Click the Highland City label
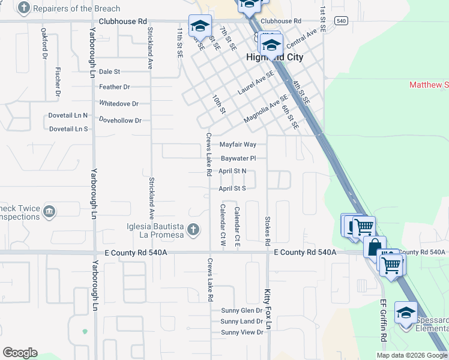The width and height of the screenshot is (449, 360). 274,57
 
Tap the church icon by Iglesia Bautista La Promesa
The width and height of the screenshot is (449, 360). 193,229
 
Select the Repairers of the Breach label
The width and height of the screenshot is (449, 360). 76,9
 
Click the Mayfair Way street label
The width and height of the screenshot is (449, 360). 238,145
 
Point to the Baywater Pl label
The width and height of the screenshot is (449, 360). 238,158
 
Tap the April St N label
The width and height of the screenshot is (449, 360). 232,171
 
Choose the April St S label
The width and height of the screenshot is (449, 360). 232,188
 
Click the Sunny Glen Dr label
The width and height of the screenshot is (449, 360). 241,310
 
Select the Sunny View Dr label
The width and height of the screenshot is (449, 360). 242,332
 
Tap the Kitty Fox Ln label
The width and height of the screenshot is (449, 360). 268,309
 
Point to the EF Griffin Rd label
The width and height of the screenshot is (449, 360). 382,321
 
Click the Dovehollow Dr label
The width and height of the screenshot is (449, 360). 120,120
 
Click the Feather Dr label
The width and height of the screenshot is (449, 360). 114,87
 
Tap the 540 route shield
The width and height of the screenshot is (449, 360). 342,20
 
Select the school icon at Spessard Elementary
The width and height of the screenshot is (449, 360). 406,313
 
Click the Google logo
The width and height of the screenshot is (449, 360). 20,353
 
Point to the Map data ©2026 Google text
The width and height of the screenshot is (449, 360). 412,355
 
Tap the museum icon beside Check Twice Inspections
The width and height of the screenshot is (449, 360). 49,211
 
